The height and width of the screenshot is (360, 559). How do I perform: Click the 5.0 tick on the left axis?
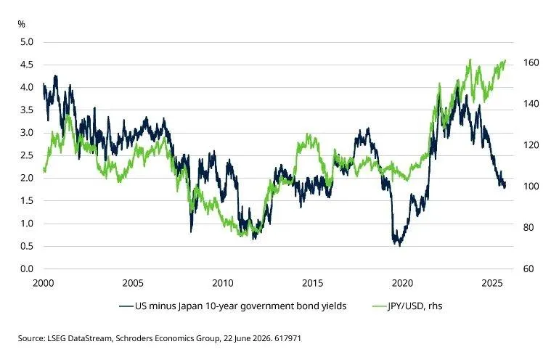27,42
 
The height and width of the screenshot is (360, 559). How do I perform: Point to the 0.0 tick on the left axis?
27,269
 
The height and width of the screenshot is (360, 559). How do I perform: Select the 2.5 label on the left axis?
27,155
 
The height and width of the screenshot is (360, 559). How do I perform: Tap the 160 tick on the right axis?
531,62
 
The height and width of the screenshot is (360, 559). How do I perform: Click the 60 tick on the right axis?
529,269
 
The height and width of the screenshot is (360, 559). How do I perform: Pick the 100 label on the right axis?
531,187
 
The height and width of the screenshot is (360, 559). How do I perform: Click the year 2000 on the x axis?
44,283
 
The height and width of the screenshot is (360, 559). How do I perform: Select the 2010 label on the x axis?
223,283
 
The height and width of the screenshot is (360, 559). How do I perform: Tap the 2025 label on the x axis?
492,283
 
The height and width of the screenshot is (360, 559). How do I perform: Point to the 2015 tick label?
313,283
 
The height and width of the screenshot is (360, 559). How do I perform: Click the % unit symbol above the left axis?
21,24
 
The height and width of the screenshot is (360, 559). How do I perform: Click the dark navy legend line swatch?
126,306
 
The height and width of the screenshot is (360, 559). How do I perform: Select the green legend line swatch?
380,306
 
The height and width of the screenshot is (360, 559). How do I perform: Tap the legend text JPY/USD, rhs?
415,306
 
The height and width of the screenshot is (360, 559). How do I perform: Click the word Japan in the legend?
189,306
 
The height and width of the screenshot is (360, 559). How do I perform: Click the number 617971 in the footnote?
287,338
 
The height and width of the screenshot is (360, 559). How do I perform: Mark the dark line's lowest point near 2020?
399,246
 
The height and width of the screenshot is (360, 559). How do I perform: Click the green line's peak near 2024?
470,60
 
